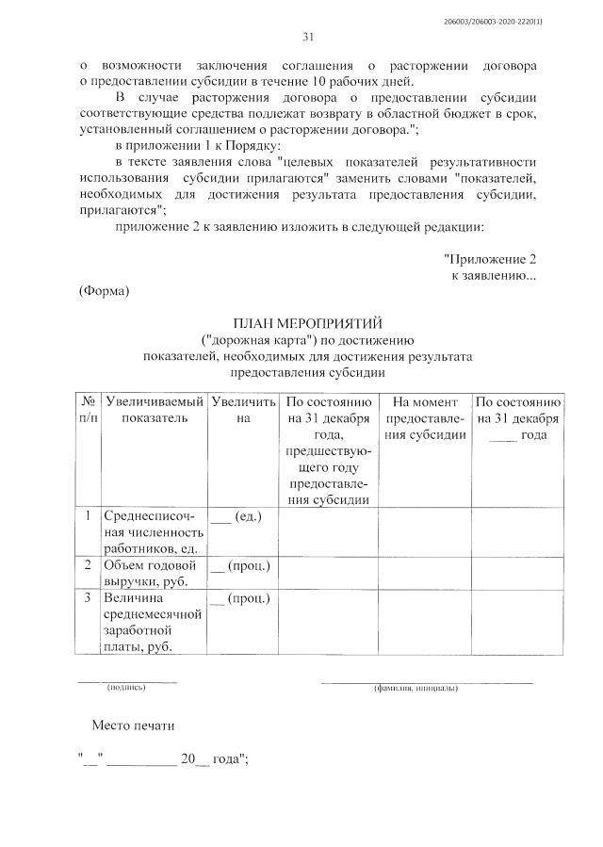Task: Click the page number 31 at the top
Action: [x=307, y=38]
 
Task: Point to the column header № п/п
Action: [x=88, y=410]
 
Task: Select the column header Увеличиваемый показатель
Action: [x=155, y=410]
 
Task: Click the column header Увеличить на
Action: [x=243, y=410]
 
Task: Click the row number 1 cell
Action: [x=88, y=516]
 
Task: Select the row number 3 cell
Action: [x=88, y=597]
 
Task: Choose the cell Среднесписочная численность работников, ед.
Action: [x=151, y=532]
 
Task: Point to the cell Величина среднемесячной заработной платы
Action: [x=151, y=622]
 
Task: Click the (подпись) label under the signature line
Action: [x=125, y=689]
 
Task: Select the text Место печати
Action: [x=133, y=727]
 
